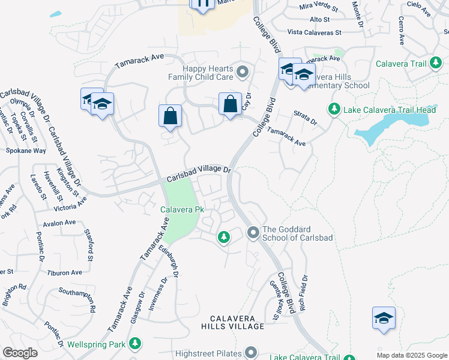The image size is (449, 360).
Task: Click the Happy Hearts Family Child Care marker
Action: (x=243, y=73)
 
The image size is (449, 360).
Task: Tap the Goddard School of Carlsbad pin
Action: (x=253, y=232)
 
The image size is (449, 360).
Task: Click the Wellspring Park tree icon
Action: (x=136, y=344)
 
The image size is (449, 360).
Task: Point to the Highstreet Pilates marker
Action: (x=251, y=352)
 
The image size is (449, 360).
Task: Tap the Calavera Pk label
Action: (x=182, y=210)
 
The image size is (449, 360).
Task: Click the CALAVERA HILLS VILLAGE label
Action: (x=237, y=322)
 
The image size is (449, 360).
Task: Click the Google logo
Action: (x=20, y=353)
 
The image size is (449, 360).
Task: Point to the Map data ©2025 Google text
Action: (x=412, y=355)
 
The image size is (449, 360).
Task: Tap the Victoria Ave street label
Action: (x=70, y=208)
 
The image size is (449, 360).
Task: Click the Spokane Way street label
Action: (x=26, y=151)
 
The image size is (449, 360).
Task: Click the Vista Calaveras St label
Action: (x=314, y=32)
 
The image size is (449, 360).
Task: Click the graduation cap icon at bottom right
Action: (x=384, y=319)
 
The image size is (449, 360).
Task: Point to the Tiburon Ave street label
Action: (x=64, y=272)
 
